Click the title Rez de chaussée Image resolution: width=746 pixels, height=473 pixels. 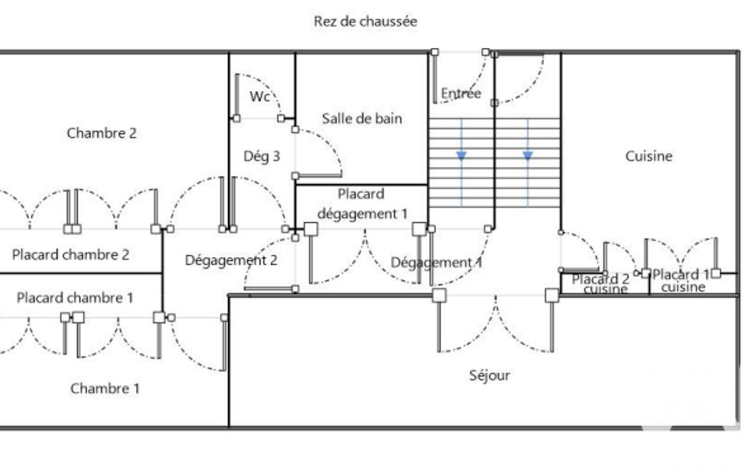pyautogui.click(x=365, y=21)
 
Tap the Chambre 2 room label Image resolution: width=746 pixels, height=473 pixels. pyautogui.click(x=101, y=133)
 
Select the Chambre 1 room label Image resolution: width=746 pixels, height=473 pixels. pyautogui.click(x=105, y=389)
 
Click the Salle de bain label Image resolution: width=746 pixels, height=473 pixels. pyautogui.click(x=362, y=118)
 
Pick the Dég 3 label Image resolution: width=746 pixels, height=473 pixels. pyautogui.click(x=261, y=156)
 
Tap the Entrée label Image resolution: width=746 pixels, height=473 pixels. pyautogui.click(x=461, y=93)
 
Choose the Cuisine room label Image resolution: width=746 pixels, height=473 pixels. pyautogui.click(x=648, y=156)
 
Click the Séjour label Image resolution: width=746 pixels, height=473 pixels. pyautogui.click(x=490, y=375)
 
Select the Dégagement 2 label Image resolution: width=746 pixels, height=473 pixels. pyautogui.click(x=231, y=260)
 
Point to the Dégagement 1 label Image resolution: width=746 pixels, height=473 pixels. pyautogui.click(x=437, y=262)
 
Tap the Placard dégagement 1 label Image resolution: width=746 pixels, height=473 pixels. pyautogui.click(x=362, y=204)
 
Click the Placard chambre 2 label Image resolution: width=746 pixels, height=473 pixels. pyautogui.click(x=71, y=255)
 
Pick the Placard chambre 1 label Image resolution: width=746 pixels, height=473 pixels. pyautogui.click(x=75, y=298)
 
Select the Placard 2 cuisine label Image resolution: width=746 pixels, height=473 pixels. pyautogui.click(x=600, y=284)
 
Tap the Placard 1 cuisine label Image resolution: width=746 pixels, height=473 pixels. pyautogui.click(x=681, y=281)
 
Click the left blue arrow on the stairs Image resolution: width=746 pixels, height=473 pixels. pyautogui.click(x=461, y=155)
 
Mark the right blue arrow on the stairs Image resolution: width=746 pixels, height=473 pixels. pyautogui.click(x=528, y=155)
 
